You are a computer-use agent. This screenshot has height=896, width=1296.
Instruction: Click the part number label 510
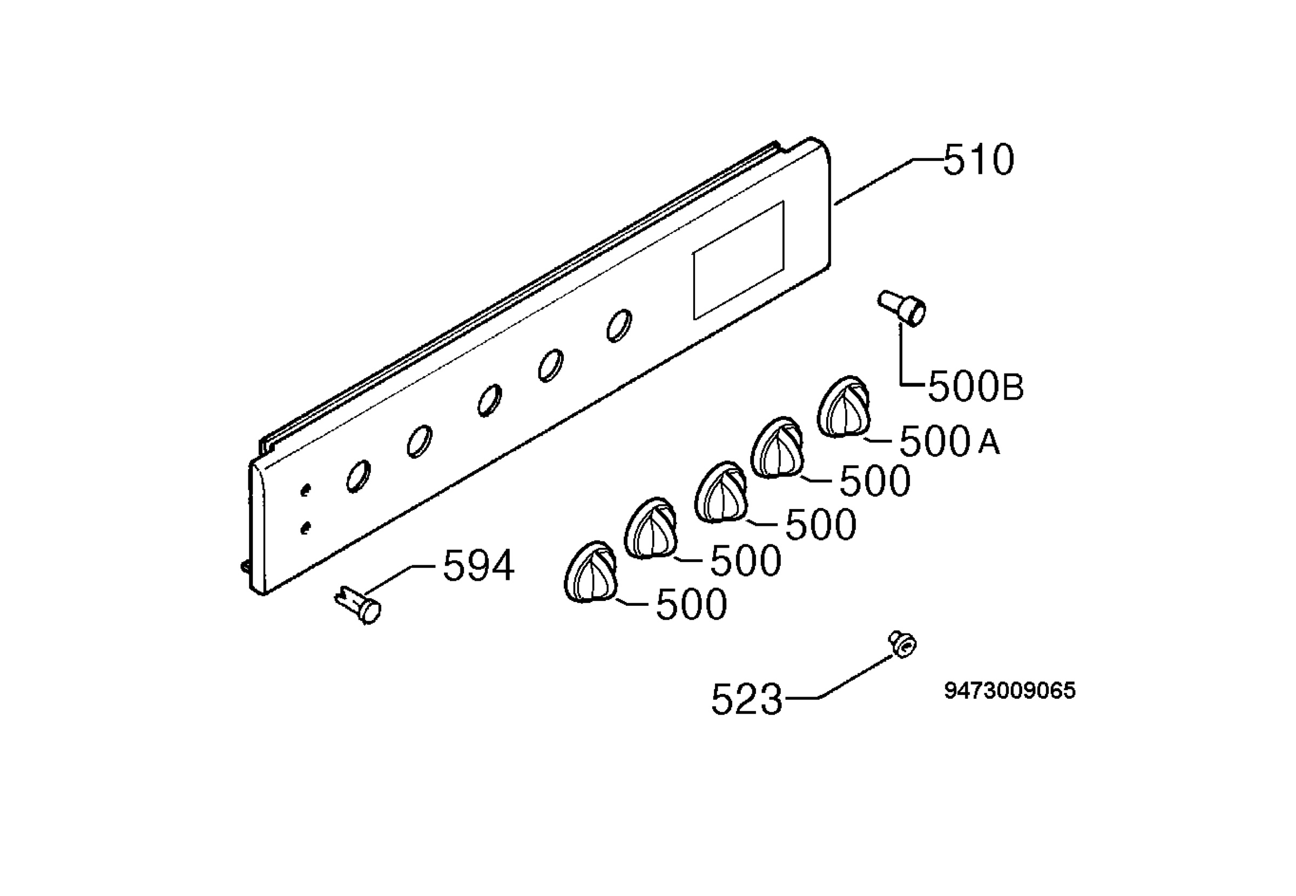[x=978, y=160]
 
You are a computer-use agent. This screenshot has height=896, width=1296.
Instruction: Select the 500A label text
[x=949, y=442]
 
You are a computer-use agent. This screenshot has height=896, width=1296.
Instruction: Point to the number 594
[x=478, y=566]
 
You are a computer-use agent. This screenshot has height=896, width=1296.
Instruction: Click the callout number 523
[x=746, y=699]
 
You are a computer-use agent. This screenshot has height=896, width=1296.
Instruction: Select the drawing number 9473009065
[x=1009, y=691]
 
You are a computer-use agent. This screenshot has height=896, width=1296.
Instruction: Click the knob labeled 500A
[x=844, y=406]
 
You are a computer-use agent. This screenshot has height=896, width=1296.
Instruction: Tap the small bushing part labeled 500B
[x=903, y=307]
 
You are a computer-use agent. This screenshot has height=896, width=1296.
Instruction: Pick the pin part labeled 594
[x=358, y=604]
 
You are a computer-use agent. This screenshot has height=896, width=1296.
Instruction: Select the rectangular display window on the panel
[x=739, y=261]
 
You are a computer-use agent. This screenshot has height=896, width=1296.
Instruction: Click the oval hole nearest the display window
[x=619, y=326]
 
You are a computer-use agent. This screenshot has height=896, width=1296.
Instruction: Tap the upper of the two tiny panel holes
[x=305, y=490]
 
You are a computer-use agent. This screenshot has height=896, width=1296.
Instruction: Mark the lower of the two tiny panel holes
[x=305, y=529]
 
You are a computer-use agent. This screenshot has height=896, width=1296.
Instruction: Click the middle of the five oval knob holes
[x=489, y=401]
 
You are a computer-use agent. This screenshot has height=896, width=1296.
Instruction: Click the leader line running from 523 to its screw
[x=838, y=678]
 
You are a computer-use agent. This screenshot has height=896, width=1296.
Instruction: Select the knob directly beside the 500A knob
[x=778, y=448]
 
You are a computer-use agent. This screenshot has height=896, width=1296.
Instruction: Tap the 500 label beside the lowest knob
[x=691, y=605]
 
